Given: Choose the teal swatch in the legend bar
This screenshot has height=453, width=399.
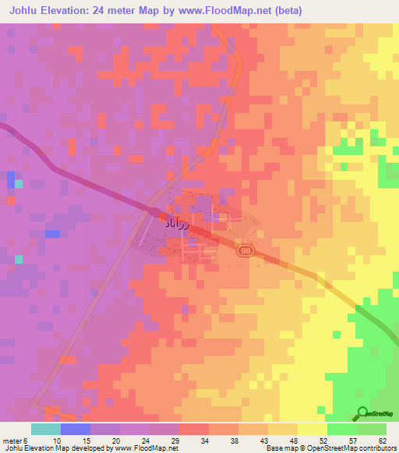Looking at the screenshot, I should (45, 429).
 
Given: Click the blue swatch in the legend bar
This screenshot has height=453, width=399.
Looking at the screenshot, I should (75, 429).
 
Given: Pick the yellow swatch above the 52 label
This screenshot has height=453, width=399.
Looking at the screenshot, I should (312, 429).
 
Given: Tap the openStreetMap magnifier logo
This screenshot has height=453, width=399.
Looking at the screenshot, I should (362, 413).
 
